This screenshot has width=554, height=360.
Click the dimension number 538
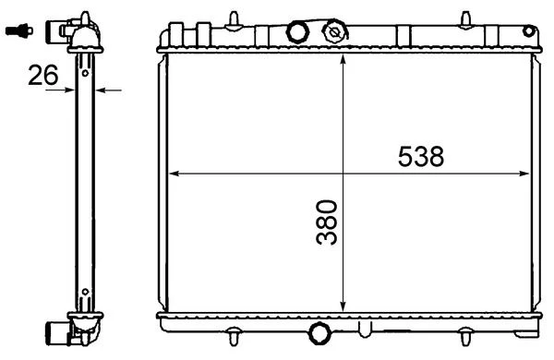tap(421, 156)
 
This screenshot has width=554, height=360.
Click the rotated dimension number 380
tap(327, 222)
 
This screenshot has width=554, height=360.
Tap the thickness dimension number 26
tap(42, 75)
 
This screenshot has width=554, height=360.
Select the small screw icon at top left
tap(19, 30)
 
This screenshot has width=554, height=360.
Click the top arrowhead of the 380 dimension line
tap(343, 60)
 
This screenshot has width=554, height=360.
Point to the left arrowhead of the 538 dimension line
tap(175, 174)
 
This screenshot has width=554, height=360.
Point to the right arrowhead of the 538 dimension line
tap(524, 174)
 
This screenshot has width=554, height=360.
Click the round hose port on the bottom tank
tap(319, 333)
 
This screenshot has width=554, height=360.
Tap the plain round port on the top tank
tap(297, 32)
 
